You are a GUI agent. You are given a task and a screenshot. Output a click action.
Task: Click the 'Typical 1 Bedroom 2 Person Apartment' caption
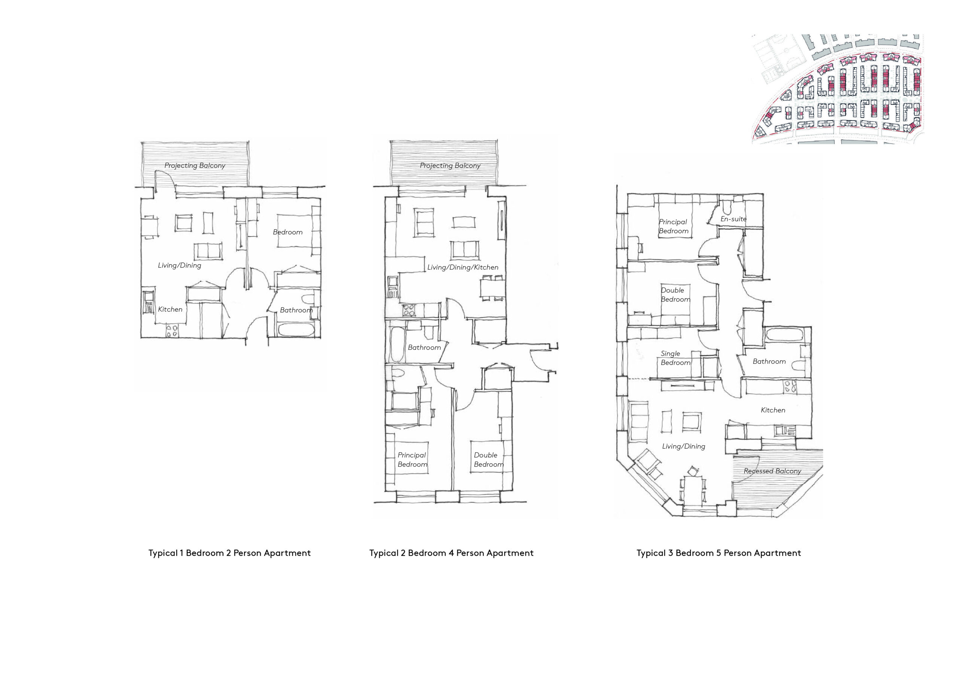click(x=229, y=553)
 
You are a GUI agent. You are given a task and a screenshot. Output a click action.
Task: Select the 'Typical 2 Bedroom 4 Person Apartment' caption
click(x=451, y=553)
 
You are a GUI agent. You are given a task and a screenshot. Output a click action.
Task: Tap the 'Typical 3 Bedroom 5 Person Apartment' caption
click(x=718, y=553)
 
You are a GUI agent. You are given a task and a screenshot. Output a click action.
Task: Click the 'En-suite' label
click(x=733, y=219)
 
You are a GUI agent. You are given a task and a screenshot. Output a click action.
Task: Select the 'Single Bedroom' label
click(x=675, y=358)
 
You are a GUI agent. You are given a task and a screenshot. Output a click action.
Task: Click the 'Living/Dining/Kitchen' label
click(x=463, y=267)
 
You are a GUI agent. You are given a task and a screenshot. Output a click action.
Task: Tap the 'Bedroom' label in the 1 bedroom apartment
click(x=288, y=232)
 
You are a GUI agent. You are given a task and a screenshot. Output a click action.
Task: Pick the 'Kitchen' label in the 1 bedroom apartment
click(x=170, y=309)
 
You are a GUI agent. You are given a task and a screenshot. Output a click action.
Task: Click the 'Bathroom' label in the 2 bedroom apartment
click(x=424, y=348)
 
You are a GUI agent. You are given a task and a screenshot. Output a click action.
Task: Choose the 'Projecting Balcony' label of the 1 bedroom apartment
click(x=195, y=165)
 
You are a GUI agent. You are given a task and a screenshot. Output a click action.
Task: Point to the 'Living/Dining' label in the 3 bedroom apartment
click(x=683, y=446)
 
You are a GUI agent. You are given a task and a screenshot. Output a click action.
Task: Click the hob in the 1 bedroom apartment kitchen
click(x=172, y=330)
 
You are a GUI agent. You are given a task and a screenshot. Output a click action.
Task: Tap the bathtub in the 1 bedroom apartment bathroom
click(x=295, y=330)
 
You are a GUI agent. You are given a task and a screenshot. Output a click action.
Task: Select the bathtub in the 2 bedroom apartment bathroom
click(x=397, y=345)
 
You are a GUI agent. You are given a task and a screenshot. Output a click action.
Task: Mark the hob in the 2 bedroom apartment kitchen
click(x=408, y=311)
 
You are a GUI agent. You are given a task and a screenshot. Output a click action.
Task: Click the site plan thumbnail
click(x=838, y=89)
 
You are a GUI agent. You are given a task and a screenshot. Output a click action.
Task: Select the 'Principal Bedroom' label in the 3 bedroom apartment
click(x=673, y=226)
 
